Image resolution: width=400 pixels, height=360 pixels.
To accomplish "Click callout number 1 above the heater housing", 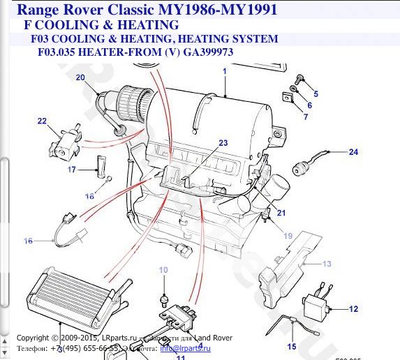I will coord(225,71).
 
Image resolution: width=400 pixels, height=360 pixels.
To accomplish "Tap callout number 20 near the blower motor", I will coord(80,77).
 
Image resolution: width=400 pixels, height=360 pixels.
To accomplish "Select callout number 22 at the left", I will coord(42,121).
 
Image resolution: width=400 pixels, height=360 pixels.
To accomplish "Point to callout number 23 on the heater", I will coord(223,143).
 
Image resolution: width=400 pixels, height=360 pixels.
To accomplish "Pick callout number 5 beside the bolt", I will coord(316,93).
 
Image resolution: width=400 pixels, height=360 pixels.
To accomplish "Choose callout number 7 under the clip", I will coord(304,117).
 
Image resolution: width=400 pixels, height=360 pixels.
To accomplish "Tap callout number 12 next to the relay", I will coord(354,309).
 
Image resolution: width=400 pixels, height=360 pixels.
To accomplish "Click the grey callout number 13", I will coord(326,264).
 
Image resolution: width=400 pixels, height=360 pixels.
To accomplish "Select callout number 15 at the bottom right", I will coord(292,346).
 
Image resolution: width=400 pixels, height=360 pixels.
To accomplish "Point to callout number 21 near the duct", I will coord(281,212).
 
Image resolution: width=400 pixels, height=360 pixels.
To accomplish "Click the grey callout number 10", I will coord(163,269).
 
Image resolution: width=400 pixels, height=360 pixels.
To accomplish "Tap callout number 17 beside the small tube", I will coord(71,170).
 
